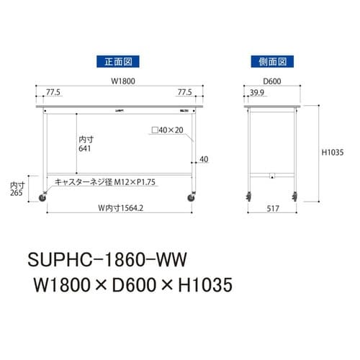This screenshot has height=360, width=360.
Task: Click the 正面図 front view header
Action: (117, 63)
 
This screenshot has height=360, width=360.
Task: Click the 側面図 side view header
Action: (270, 63)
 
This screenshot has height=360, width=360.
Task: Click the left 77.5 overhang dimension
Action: (53, 92)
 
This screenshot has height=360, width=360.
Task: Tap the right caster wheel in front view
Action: (193, 196)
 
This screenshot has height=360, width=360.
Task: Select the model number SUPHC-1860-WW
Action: (108, 257)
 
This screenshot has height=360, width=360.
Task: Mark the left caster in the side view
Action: (249, 195)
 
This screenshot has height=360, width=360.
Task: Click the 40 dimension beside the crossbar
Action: (204, 159)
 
